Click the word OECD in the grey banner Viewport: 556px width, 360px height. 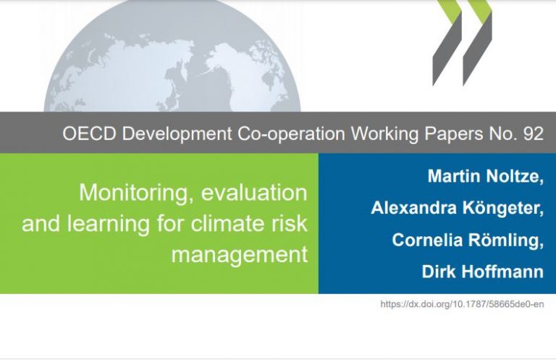(x=89, y=134)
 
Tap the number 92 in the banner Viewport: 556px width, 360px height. (x=534, y=134)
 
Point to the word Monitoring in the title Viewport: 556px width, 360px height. (x=137, y=193)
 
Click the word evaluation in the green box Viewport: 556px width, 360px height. (x=254, y=193)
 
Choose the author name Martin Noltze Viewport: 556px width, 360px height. (x=485, y=176)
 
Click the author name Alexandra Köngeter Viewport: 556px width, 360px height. (x=457, y=208)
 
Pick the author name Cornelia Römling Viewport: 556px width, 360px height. (x=468, y=240)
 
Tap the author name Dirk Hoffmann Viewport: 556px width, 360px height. (x=483, y=272)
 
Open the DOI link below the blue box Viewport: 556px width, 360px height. (x=462, y=304)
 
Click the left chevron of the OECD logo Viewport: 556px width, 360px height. (x=447, y=43)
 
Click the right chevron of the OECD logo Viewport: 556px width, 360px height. (x=478, y=43)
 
